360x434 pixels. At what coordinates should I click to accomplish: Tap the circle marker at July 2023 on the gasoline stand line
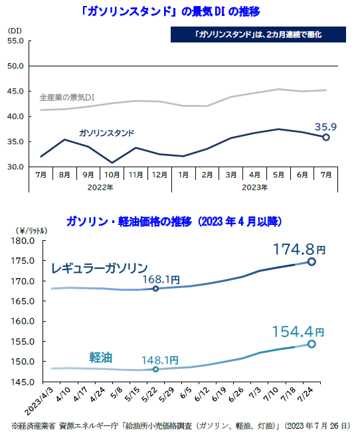(x=326, y=137)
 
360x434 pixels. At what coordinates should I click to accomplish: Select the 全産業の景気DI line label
(x=68, y=97)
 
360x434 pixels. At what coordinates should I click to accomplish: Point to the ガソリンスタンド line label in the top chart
(x=106, y=133)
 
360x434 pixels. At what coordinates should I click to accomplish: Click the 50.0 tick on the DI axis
(x=15, y=66)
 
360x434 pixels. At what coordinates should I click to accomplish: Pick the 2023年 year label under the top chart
(x=255, y=187)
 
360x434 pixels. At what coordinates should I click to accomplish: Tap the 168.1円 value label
(x=159, y=280)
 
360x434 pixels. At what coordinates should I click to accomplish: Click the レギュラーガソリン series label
(x=100, y=268)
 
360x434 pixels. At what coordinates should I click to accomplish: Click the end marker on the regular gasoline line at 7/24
(x=312, y=261)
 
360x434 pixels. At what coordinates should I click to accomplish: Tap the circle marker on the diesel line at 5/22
(x=155, y=369)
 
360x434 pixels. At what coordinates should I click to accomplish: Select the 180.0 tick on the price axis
(x=23, y=241)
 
